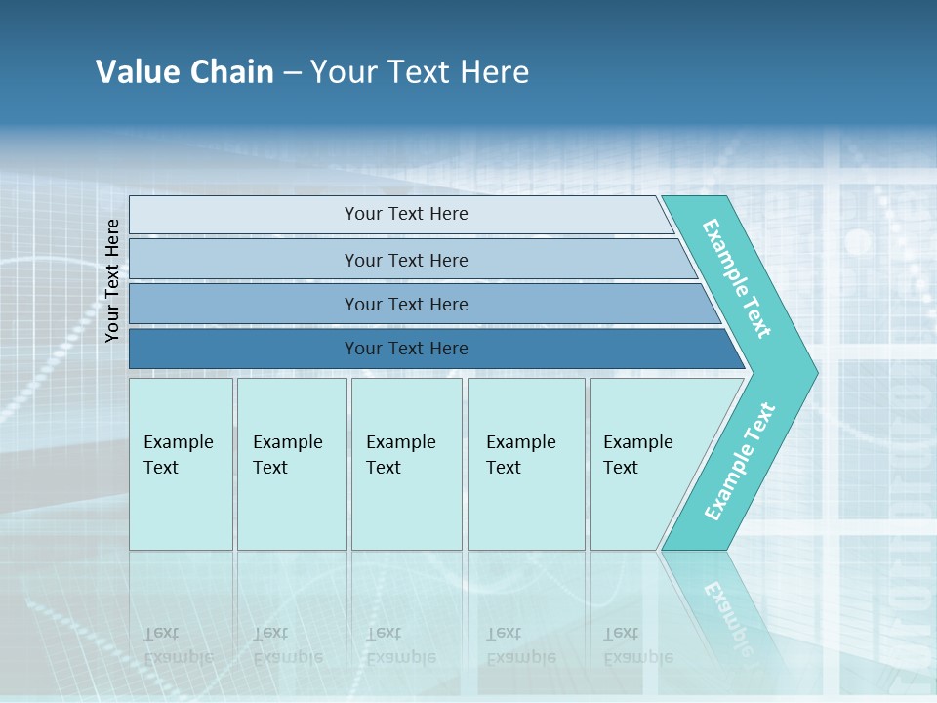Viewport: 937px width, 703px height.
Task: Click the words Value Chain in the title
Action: point(184,72)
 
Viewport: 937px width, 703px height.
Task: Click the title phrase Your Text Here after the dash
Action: point(420,72)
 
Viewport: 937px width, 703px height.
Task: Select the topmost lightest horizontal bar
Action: point(244,215)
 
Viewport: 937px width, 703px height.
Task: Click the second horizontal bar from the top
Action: point(244,260)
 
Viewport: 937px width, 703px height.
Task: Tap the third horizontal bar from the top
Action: point(244,304)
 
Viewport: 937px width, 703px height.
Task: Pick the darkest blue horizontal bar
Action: point(244,349)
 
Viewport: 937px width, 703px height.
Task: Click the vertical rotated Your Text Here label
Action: point(112,280)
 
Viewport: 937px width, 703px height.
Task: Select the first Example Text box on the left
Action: point(181,464)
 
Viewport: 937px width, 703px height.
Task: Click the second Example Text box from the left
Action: point(292,464)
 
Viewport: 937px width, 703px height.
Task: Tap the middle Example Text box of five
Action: point(406,464)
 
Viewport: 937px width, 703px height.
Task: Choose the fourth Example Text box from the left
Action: point(526,464)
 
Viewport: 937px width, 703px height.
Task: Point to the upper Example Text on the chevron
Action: point(737,278)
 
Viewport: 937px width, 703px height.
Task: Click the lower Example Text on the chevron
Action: point(740,462)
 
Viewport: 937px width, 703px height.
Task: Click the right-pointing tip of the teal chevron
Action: point(810,372)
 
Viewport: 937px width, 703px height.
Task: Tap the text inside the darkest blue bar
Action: point(406,349)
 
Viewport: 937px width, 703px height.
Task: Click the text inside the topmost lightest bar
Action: point(406,214)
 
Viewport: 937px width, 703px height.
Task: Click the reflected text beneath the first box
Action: point(178,645)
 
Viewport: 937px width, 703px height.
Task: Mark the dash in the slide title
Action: point(292,73)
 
